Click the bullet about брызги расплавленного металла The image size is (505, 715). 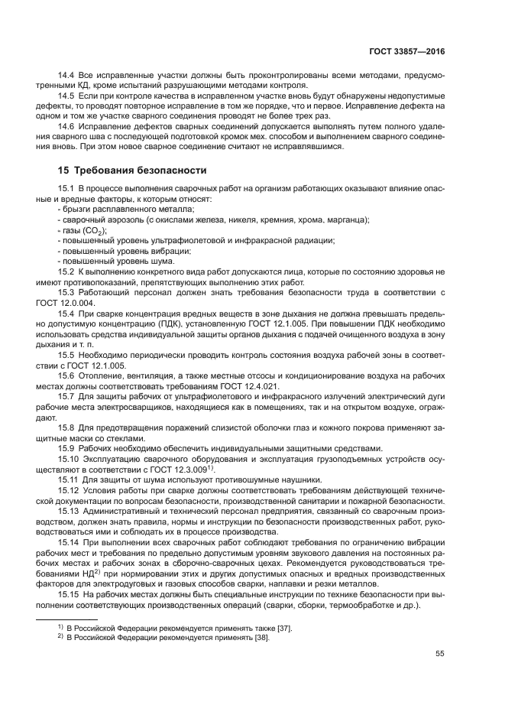point(127,210)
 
